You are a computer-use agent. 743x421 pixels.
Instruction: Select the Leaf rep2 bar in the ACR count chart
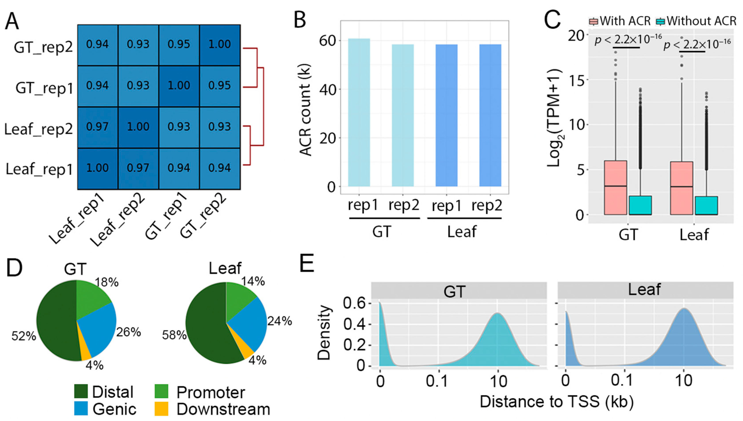(490, 116)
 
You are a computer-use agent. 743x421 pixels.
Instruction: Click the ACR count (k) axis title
(305, 110)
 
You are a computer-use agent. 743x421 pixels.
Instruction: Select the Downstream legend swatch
(161, 409)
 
